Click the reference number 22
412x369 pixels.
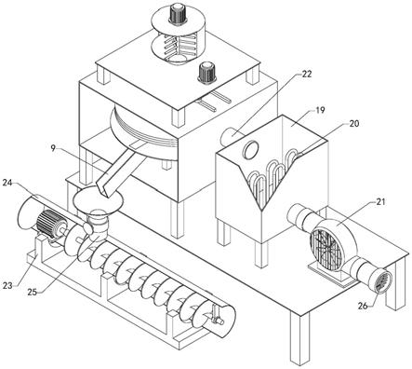point(307,74)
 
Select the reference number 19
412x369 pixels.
point(320,110)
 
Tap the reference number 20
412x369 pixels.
point(353,123)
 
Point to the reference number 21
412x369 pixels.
point(380,201)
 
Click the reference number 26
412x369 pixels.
point(363,306)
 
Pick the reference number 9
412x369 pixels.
point(53,148)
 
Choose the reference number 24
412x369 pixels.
point(7,183)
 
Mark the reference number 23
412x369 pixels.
point(7,285)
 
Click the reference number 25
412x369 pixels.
point(32,292)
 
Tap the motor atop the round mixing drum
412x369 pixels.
point(178,13)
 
